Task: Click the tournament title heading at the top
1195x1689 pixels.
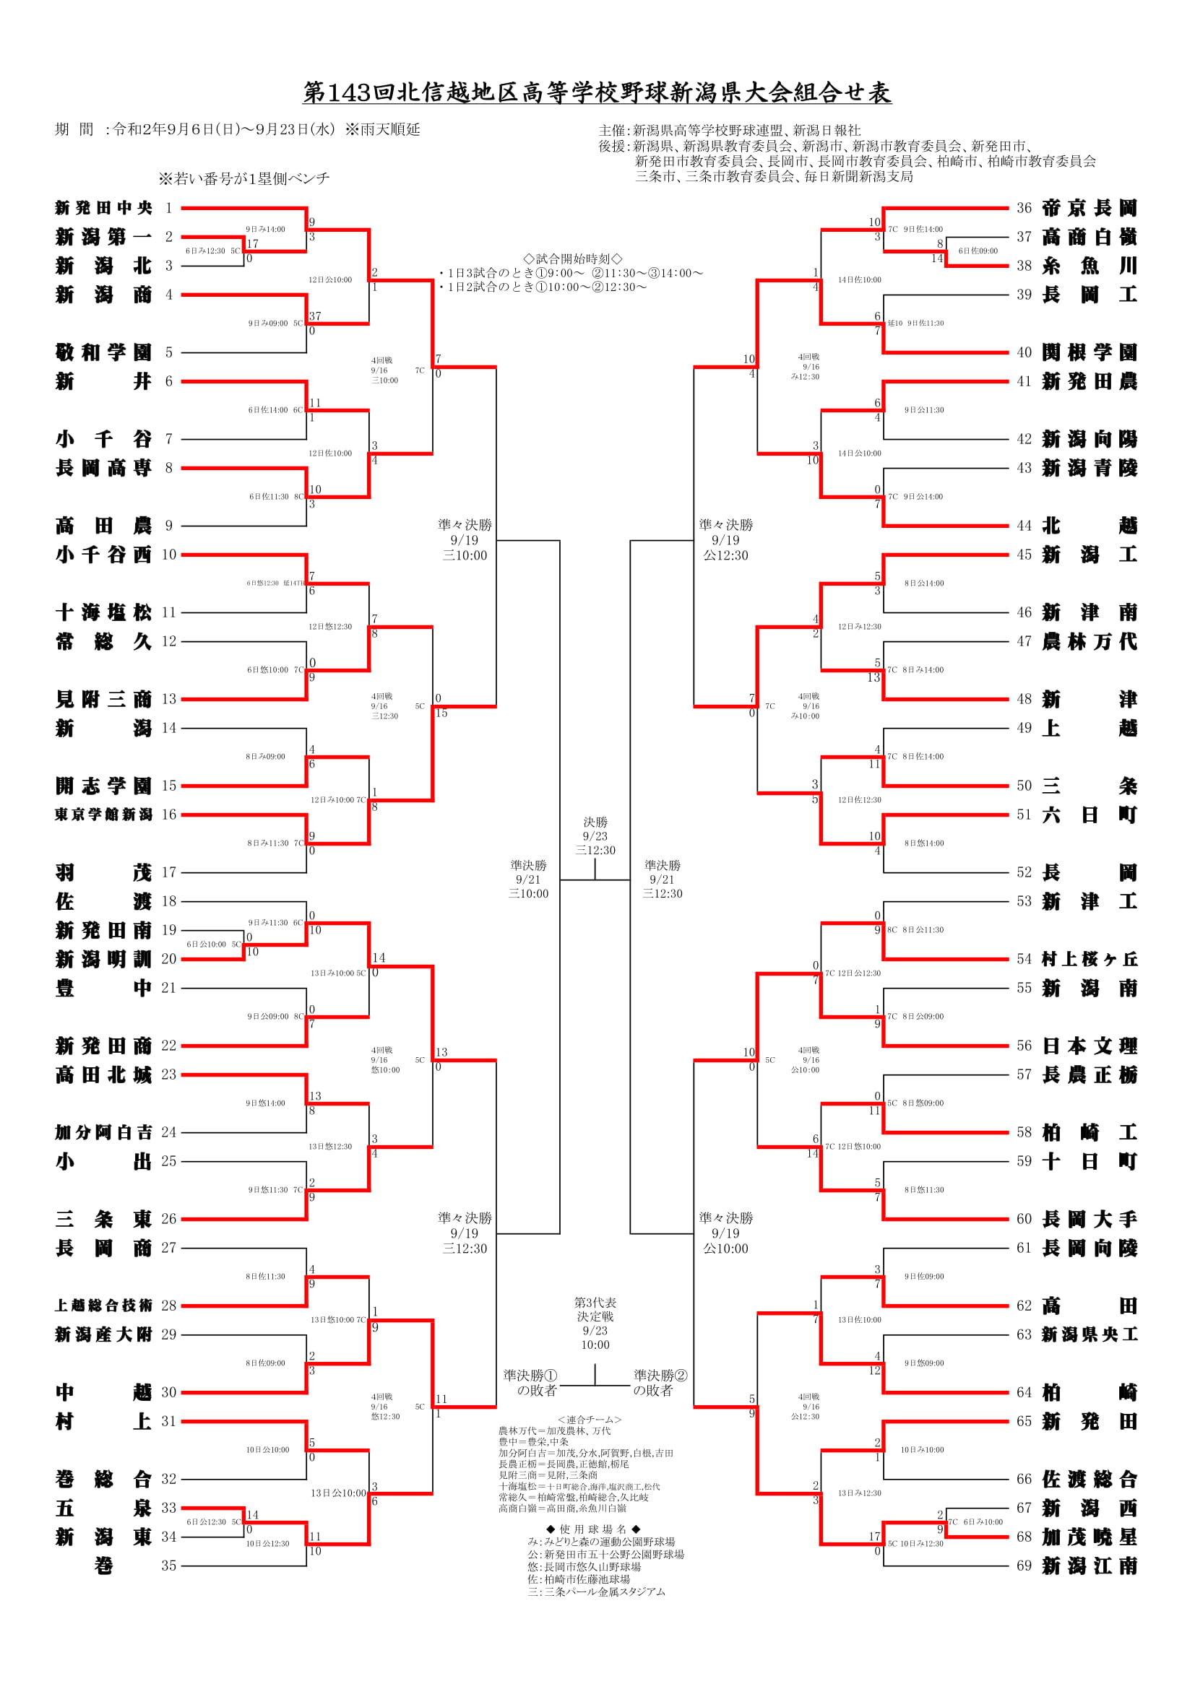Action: point(597,92)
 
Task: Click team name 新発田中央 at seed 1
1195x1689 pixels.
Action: point(103,208)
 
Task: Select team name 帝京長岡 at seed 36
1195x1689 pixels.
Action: point(1089,208)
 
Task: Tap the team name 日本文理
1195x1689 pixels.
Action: point(1089,1046)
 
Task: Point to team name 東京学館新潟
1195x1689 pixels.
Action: point(103,815)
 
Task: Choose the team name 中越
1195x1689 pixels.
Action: point(103,1391)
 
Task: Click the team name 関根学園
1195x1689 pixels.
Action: point(1089,352)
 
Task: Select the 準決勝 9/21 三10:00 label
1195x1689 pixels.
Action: point(528,879)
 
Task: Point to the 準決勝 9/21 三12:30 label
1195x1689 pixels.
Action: point(663,879)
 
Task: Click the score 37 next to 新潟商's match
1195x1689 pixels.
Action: point(315,316)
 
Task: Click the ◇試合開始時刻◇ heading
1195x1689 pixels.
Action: point(572,259)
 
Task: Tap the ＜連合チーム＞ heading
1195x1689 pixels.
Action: point(590,1420)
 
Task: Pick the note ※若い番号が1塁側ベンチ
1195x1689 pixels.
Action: point(243,179)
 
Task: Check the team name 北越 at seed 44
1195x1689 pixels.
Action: point(1089,525)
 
